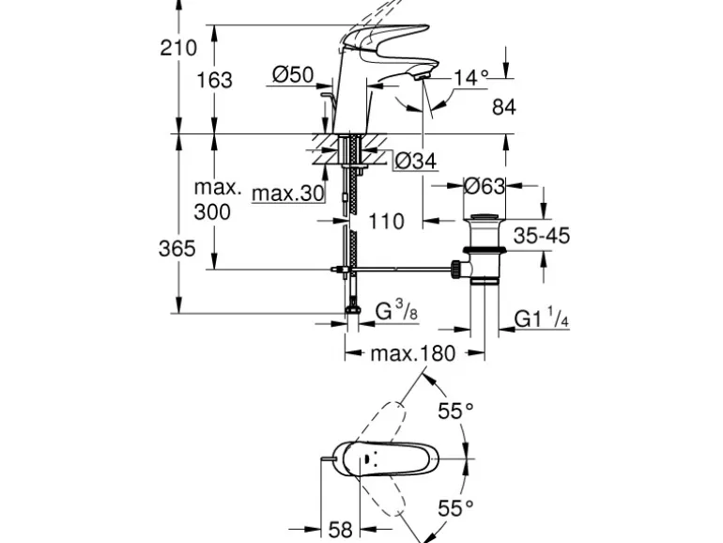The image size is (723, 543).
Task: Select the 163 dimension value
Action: (215, 80)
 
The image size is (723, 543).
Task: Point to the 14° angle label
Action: (470, 78)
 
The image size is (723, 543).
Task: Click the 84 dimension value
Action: (504, 108)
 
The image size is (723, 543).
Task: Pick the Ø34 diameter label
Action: (415, 163)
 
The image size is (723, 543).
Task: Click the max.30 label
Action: (288, 194)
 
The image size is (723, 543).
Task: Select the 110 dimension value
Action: (386, 222)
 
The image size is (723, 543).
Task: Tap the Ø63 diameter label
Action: (485, 185)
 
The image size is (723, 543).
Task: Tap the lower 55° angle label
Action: (455, 508)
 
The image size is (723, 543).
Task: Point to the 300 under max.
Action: (211, 212)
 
